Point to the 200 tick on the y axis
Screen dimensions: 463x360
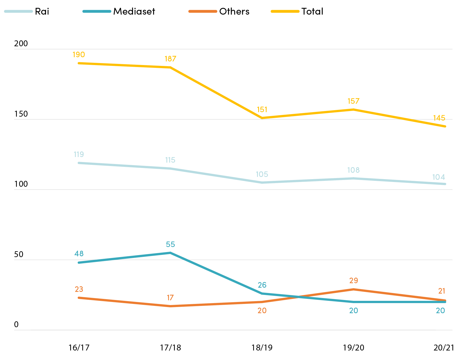(21, 43)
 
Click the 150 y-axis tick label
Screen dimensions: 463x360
(21, 114)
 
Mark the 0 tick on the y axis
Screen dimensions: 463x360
(16, 324)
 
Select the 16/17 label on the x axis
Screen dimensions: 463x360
(79, 347)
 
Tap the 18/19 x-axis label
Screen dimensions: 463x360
(262, 347)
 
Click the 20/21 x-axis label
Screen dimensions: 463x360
(444, 347)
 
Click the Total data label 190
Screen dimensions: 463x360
(79, 54)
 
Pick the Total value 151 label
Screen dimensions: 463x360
(262, 109)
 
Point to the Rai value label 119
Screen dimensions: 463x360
(79, 154)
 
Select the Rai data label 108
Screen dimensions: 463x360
(353, 170)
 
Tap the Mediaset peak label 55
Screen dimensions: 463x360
(170, 244)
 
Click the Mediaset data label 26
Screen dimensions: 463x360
(262, 285)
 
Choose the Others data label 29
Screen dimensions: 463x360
(354, 280)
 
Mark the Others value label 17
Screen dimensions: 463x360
(170, 297)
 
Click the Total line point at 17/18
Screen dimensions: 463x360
(170, 67)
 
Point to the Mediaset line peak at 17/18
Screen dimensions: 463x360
(170, 253)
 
